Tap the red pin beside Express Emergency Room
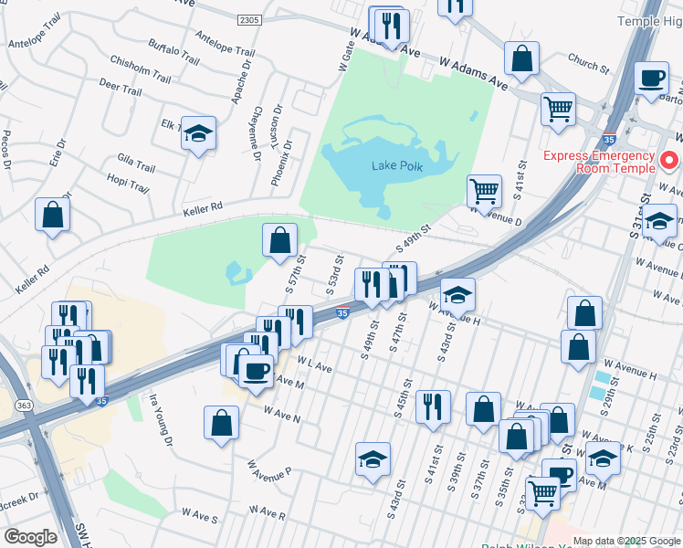668,162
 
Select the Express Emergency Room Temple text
600,161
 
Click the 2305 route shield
248,19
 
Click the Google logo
29,537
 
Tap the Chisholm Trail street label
137,68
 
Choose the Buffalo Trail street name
173,56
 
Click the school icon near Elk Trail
198,134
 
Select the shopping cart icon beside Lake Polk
484,192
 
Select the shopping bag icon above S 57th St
280,241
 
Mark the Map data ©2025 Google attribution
625,541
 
